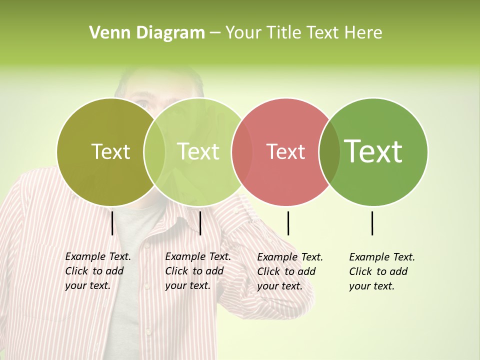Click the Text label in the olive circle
pos(110,151)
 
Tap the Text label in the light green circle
pos(198,151)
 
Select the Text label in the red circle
pos(285,152)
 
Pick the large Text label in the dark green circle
pos(373,151)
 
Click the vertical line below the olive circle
pos(112,223)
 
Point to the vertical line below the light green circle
pos(200,223)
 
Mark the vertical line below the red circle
pos(288,223)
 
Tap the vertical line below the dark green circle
pos(372,223)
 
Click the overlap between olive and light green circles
pos(154,152)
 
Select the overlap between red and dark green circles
pos(329,152)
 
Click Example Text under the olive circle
pos(98,256)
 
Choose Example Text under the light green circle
pos(198,256)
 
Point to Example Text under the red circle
pos(290,257)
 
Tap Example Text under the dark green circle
pos(382,257)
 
